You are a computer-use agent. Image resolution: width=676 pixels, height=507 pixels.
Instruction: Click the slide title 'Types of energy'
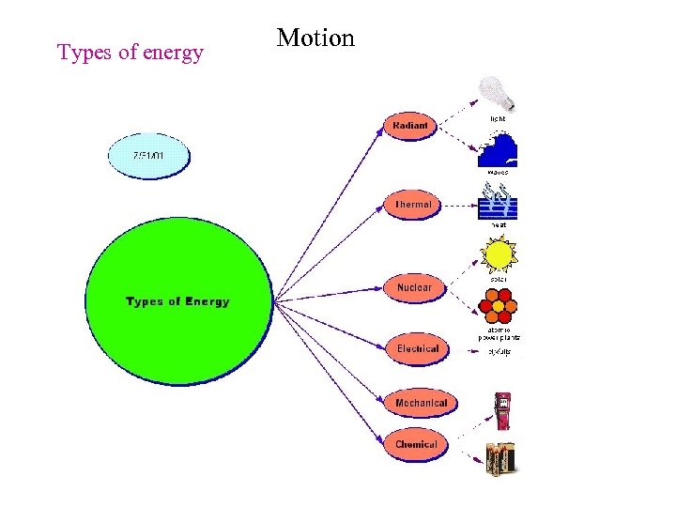click(131, 53)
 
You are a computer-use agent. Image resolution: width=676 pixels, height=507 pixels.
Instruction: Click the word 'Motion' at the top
click(315, 38)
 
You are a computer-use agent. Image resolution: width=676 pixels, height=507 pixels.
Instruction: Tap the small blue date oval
click(149, 156)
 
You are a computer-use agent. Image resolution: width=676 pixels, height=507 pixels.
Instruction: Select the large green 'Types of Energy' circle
click(177, 301)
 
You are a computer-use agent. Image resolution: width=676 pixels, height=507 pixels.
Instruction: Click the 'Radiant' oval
click(410, 126)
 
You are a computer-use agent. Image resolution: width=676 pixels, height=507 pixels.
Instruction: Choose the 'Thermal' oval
click(413, 205)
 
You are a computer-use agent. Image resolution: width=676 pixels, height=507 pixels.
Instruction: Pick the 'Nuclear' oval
click(414, 287)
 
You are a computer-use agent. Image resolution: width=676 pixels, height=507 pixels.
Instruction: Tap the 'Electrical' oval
click(417, 349)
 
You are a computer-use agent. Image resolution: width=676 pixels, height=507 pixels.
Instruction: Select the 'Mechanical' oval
click(421, 404)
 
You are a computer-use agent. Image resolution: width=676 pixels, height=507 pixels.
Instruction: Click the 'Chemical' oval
click(416, 445)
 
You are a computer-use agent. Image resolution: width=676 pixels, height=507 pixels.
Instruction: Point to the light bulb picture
click(495, 93)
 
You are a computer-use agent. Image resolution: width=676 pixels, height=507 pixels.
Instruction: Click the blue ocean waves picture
click(498, 150)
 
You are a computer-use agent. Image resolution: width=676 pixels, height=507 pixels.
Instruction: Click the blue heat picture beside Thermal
click(499, 201)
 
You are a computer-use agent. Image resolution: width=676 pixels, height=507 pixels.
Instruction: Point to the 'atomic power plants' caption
click(499, 332)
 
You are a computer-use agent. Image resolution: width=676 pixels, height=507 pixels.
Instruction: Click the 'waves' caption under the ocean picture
click(498, 173)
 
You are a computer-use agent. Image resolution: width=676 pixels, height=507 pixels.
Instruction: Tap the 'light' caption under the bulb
click(498, 119)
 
